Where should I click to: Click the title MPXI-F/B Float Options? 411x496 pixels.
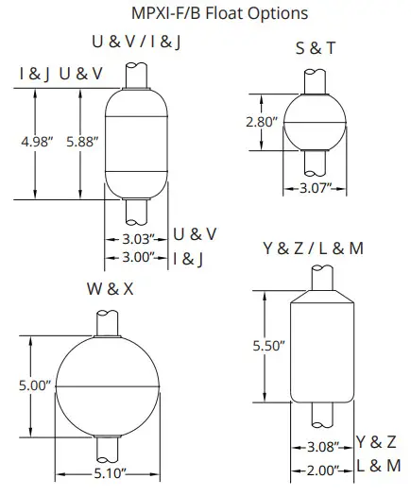click(x=207, y=14)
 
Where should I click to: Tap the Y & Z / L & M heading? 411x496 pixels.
click(x=312, y=248)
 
